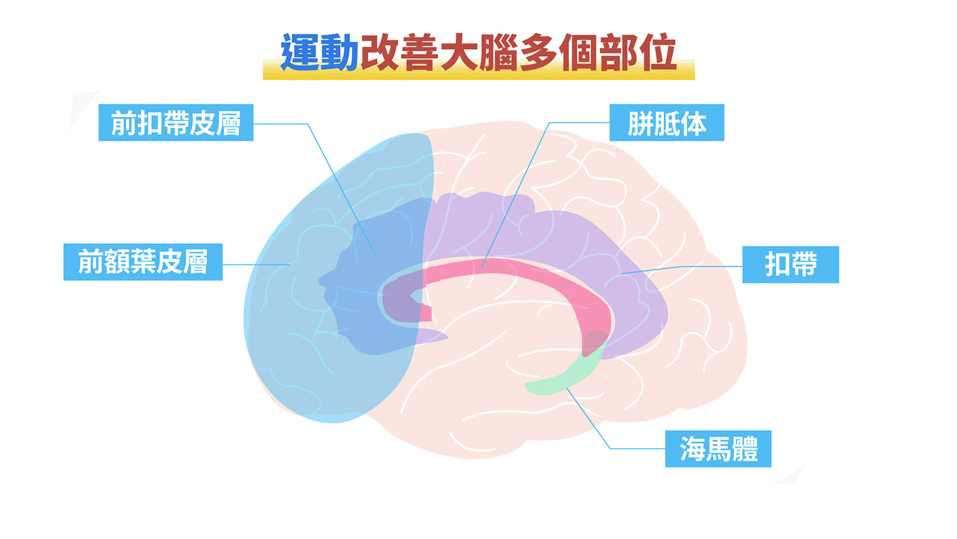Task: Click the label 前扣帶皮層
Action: click(x=176, y=123)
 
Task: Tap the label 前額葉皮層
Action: click(x=143, y=262)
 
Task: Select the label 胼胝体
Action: click(x=667, y=123)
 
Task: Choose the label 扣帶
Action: click(x=790, y=264)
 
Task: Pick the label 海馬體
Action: click(x=718, y=449)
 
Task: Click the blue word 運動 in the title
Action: click(x=319, y=52)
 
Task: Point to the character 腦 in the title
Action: click(x=498, y=52)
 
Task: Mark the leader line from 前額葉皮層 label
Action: click(x=257, y=264)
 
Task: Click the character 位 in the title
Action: click(x=657, y=52)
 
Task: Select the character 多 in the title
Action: click(x=538, y=52)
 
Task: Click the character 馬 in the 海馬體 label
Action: click(x=719, y=449)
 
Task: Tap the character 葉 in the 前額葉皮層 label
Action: click(x=143, y=262)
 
